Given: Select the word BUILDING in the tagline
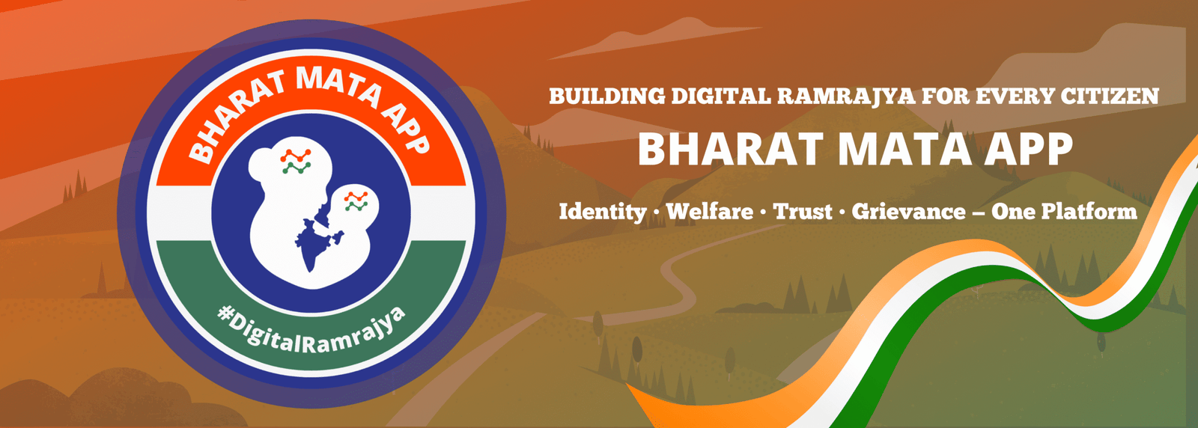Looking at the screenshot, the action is pyautogui.click(x=606, y=97).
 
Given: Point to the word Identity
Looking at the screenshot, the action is pyautogui.click(x=602, y=212).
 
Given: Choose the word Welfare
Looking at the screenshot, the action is pyautogui.click(x=710, y=211).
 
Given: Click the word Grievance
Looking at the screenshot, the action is pyautogui.click(x=909, y=212).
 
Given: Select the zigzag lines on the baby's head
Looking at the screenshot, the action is pyautogui.click(x=356, y=201).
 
